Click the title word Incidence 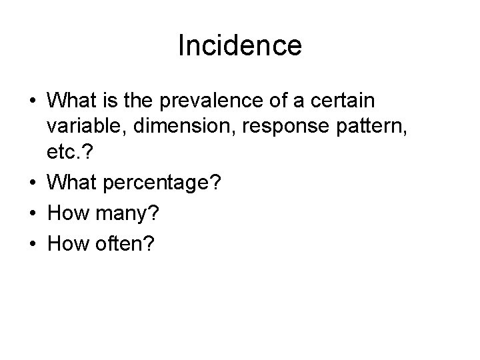click(x=240, y=46)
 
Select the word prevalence click(x=223, y=102)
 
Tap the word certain click(x=341, y=102)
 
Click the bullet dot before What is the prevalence click(x=31, y=103)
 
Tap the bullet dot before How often click(x=31, y=245)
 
